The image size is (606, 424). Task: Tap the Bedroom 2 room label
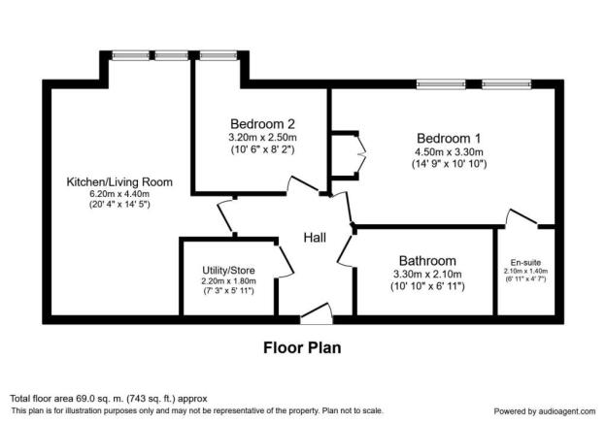click(262, 123)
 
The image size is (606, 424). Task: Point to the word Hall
click(316, 238)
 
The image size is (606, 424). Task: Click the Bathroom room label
click(425, 260)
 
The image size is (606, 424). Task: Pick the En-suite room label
click(527, 263)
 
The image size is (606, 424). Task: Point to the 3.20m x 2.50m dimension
click(262, 138)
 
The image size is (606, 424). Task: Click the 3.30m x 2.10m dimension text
click(425, 275)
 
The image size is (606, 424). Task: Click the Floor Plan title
click(302, 345)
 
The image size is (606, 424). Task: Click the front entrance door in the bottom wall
click(316, 312)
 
